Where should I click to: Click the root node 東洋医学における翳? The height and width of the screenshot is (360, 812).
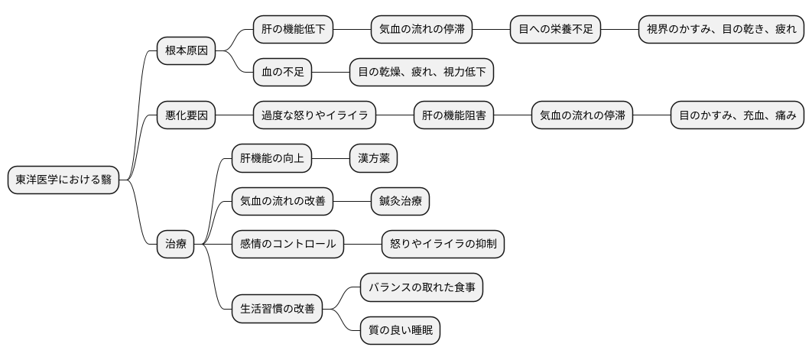click(63, 180)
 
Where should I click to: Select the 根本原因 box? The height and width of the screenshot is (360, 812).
click(186, 51)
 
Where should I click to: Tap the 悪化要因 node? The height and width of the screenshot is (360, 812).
click(186, 115)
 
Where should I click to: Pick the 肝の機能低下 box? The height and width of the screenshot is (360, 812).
click(293, 30)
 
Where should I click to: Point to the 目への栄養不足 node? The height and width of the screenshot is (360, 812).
click(555, 30)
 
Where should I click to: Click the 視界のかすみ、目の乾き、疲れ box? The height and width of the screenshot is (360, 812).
click(721, 30)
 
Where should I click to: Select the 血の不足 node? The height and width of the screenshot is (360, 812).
click(282, 73)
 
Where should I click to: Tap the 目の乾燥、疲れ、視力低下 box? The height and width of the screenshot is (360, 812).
click(421, 73)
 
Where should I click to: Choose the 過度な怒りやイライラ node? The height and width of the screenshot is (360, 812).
click(314, 115)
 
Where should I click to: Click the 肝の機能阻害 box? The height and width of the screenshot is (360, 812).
click(453, 115)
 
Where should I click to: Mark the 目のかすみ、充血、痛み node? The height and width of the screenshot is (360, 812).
click(737, 115)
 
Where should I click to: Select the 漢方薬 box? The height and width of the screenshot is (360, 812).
click(373, 159)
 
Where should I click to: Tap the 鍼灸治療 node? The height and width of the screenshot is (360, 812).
click(400, 202)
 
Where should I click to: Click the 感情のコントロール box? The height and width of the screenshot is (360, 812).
click(287, 245)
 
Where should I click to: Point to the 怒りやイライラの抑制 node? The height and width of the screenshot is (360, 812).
click(443, 245)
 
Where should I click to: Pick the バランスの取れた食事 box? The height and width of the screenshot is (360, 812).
click(421, 287)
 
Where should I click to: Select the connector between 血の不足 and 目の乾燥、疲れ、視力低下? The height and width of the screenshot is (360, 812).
click(330, 73)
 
